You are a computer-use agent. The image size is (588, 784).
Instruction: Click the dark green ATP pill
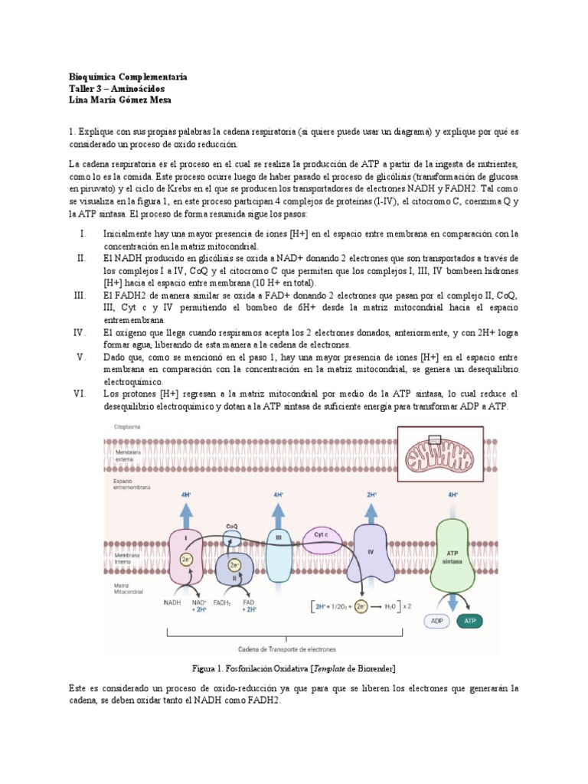(469, 621)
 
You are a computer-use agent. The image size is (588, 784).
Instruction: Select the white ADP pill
(436, 621)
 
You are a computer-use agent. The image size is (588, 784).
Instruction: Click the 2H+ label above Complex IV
(371, 495)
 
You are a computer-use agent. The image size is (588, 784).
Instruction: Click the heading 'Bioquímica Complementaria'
(127, 77)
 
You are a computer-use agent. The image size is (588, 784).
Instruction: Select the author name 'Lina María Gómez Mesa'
(120, 100)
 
